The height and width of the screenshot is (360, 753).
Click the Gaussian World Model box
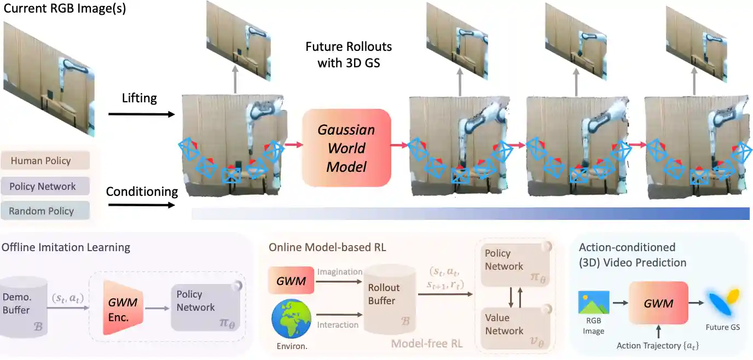[346, 148]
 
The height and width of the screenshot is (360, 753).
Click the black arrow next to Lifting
[141, 114]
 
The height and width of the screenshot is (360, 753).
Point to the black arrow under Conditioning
[141, 206]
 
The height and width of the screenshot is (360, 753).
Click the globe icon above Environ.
[291, 319]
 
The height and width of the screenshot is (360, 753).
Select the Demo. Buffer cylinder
[24, 307]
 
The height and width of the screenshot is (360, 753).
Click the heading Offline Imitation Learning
[66, 247]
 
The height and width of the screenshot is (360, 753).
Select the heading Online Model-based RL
[327, 247]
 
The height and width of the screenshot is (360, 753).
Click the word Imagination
[340, 272]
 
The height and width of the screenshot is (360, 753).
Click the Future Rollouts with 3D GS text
[349, 54]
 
